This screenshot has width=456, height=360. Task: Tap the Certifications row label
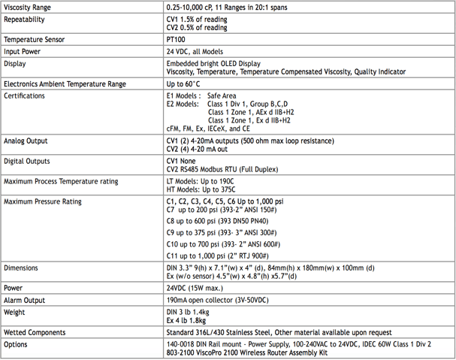26,96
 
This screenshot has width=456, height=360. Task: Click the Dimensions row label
23,268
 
